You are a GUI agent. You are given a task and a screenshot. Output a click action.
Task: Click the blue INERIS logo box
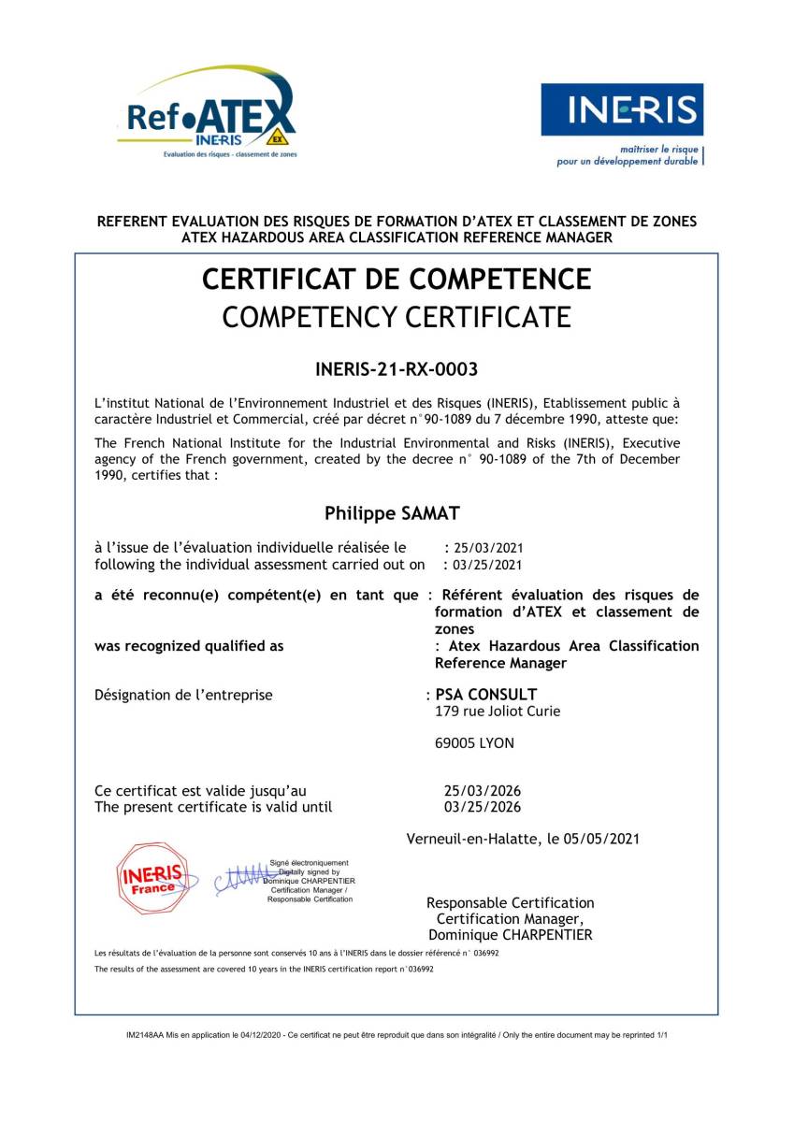(x=622, y=110)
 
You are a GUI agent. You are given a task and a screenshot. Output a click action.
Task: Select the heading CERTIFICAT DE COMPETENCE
(x=397, y=280)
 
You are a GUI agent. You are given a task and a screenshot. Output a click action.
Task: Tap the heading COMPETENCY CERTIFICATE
(x=397, y=318)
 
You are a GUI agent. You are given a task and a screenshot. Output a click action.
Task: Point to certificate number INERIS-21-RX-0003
(x=397, y=369)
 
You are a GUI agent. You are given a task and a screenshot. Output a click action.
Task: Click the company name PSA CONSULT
(x=486, y=695)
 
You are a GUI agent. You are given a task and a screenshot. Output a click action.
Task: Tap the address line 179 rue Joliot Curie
(x=498, y=712)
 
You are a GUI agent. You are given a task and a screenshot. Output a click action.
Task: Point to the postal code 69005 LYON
(x=474, y=744)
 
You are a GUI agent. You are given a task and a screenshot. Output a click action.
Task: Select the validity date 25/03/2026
(x=483, y=791)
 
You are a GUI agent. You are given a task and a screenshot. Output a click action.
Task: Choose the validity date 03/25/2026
(x=483, y=808)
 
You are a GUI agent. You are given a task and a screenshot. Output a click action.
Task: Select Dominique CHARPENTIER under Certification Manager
(x=511, y=935)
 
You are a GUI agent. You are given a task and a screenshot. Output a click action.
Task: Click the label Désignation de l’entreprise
(x=184, y=695)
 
